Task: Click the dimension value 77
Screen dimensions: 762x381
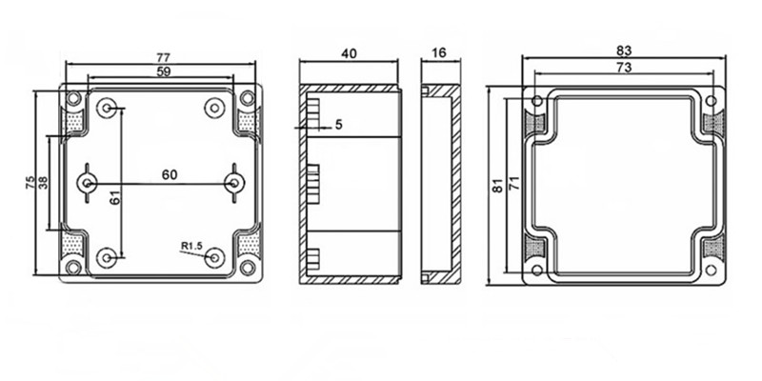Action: click(x=163, y=57)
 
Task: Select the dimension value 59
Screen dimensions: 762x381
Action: click(x=164, y=71)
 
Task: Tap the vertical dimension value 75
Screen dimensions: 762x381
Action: click(x=30, y=182)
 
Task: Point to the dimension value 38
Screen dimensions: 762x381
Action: click(x=43, y=182)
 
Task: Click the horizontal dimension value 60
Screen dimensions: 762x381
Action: click(x=170, y=174)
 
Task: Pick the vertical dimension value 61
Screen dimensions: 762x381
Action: click(x=114, y=197)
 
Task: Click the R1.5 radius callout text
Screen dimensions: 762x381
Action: click(x=191, y=247)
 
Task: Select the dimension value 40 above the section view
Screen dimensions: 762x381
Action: click(x=349, y=53)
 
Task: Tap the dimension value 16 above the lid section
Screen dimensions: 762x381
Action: click(x=439, y=52)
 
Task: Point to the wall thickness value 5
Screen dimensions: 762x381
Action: click(x=339, y=125)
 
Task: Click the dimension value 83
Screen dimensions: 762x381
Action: click(x=624, y=50)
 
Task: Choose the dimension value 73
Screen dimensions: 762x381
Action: click(x=624, y=68)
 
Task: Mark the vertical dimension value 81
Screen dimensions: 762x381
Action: click(x=497, y=186)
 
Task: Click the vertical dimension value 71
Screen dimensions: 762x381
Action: click(x=514, y=183)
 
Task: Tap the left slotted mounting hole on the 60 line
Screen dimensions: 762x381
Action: click(x=87, y=183)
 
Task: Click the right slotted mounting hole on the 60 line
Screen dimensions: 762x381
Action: click(x=234, y=183)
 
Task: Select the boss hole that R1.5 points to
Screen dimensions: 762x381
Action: click(x=213, y=257)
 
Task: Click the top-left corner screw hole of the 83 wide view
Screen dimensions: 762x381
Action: click(x=537, y=101)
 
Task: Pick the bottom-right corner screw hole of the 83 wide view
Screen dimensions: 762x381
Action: click(x=711, y=271)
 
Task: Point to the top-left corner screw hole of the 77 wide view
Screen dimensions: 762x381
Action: click(x=73, y=99)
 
